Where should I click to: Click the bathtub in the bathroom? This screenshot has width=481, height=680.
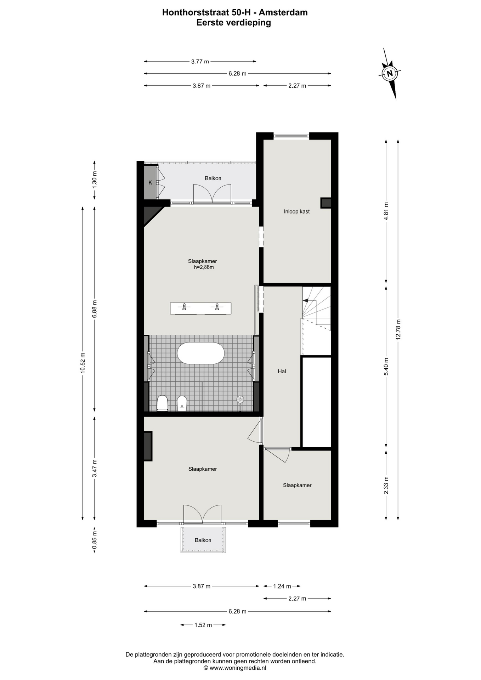[200, 353]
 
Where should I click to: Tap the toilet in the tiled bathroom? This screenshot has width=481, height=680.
[162, 403]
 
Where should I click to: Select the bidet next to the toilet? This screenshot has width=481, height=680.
[182, 403]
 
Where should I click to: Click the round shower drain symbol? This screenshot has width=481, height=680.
[240, 399]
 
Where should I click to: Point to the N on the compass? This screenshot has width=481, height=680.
[390, 74]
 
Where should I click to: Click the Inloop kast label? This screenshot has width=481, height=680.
[297, 211]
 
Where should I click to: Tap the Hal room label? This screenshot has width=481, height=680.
[282, 371]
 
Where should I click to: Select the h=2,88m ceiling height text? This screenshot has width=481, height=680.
[204, 267]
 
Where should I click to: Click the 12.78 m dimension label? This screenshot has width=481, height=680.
[398, 329]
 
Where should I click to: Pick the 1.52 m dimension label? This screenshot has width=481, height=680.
[203, 625]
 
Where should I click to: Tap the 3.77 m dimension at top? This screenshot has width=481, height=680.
[200, 61]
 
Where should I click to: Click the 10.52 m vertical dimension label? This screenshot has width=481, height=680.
[83, 363]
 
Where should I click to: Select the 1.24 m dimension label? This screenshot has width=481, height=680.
[282, 586]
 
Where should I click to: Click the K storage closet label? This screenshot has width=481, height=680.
[150, 183]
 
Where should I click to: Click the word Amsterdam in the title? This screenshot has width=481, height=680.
[283, 12]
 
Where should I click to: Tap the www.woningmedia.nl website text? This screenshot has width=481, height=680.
[238, 668]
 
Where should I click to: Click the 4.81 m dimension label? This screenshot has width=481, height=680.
[386, 211]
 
